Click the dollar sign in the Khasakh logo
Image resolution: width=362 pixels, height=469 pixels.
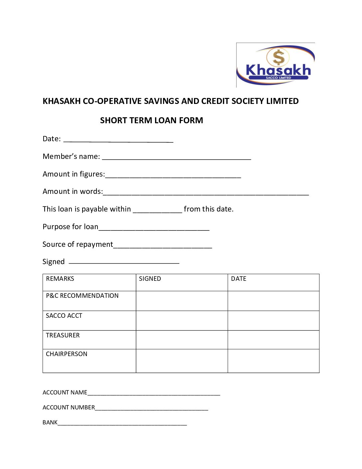tap(278, 57)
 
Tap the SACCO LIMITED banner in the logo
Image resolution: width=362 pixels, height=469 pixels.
tap(278, 78)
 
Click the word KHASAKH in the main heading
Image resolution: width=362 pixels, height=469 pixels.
tap(62, 101)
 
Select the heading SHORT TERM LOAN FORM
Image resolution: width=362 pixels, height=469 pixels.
tap(151, 120)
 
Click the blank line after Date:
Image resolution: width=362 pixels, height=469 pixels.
tap(118, 141)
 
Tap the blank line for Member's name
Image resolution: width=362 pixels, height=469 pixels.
tap(176, 158)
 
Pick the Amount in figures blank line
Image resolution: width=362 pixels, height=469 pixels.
tap(173, 176)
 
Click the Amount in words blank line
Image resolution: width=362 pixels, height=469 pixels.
tap(206, 193)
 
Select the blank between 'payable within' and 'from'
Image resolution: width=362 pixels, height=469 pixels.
tap(157, 211)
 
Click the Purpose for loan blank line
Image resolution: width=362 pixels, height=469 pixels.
tap(154, 229)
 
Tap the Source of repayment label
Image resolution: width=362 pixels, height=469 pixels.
tap(78, 244)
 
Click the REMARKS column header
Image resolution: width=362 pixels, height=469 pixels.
tap(60, 279)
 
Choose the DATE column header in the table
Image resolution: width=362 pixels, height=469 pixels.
tap(239, 279)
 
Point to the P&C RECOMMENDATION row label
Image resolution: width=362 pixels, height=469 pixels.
tap(82, 296)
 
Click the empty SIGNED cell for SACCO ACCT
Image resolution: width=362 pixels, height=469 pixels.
tap(182, 320)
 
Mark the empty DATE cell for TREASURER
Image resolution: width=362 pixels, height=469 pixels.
tap(273, 340)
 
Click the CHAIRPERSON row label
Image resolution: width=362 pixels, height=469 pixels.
tap(67, 354)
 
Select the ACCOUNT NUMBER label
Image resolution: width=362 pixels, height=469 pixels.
tap(69, 407)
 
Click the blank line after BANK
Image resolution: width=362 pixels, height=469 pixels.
tap(122, 424)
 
